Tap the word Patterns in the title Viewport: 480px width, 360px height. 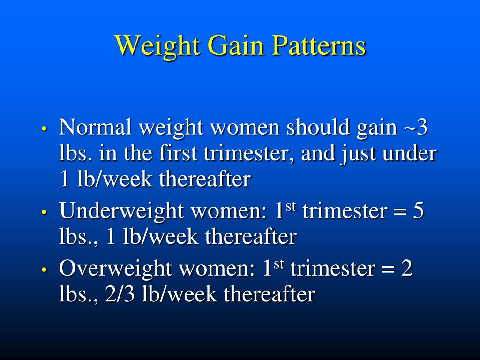[320, 46]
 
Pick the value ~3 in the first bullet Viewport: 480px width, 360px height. [415, 127]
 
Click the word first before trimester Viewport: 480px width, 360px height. [178, 154]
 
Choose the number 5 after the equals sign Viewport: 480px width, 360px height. [418, 211]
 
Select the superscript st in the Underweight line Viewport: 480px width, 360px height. [292, 206]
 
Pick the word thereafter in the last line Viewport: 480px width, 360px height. [269, 295]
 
